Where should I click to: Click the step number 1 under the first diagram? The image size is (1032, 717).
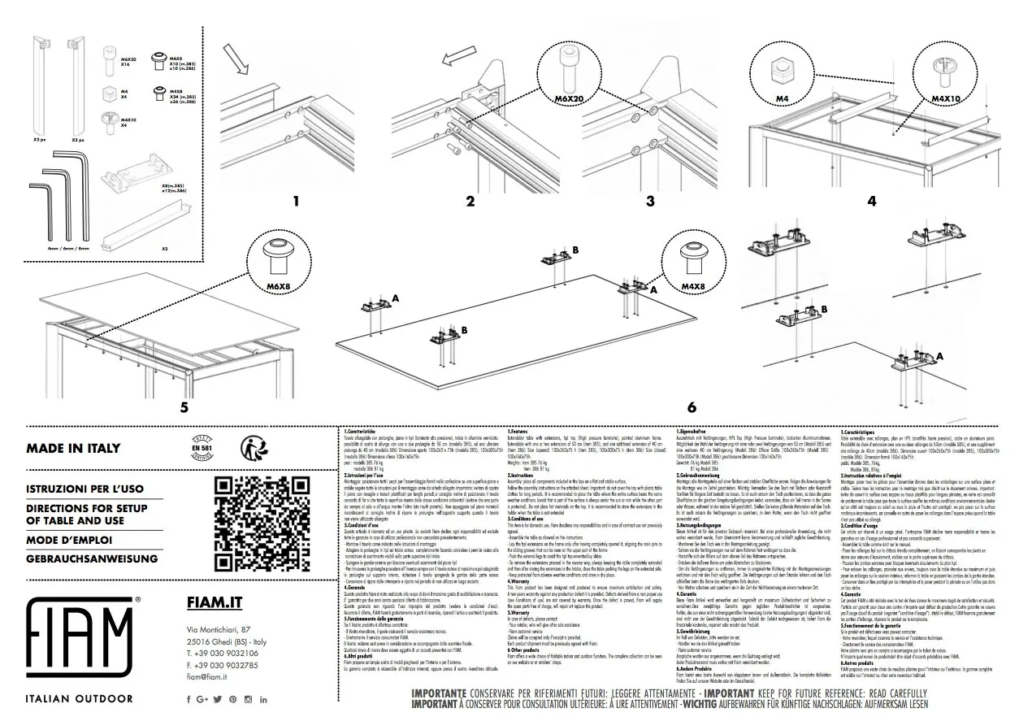tap(296, 202)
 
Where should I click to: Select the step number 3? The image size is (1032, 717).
tap(649, 202)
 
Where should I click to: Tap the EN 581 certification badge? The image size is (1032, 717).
tap(201, 447)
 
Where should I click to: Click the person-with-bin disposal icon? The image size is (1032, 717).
tap(254, 448)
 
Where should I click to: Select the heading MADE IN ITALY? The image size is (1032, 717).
tap(73, 448)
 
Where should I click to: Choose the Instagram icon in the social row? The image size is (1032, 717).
tap(248, 699)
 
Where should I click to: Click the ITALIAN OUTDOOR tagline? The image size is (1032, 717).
tap(80, 698)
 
